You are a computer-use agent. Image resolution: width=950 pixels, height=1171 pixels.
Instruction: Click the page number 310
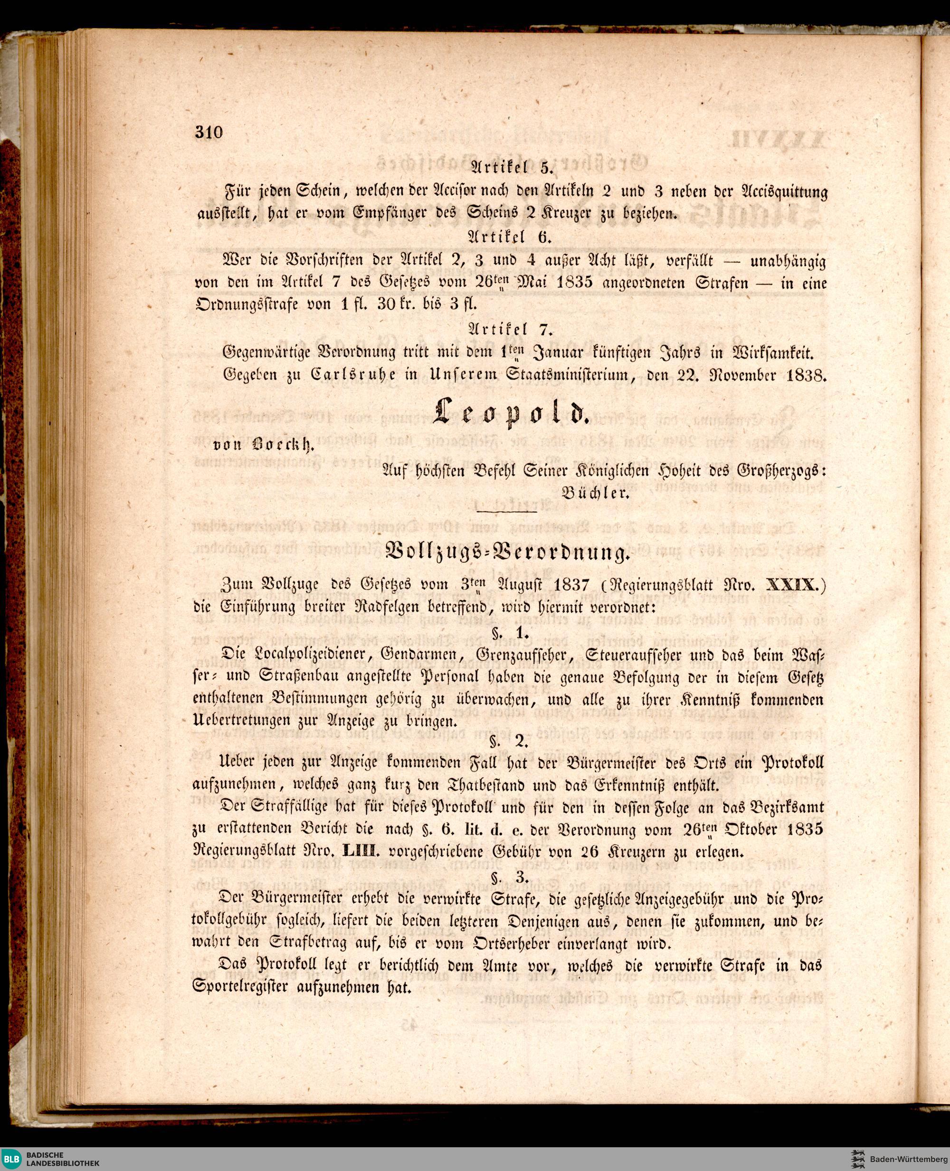point(209,133)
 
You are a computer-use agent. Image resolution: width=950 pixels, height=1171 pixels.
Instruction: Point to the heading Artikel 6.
point(510,237)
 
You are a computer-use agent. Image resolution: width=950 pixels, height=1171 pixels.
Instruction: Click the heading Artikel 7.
point(510,329)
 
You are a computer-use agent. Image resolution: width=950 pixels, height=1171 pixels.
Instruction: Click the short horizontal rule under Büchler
point(506,512)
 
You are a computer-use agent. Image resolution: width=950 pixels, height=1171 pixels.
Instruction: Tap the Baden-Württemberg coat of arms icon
point(858,1159)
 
